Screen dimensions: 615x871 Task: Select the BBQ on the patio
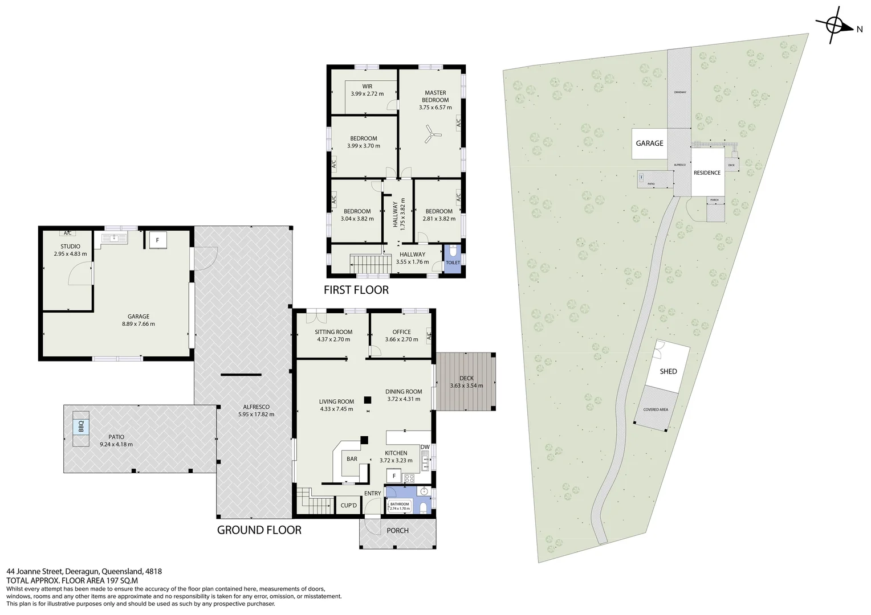click(x=81, y=426)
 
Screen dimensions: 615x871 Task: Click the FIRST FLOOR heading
click(x=356, y=290)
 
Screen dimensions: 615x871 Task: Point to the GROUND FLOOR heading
click(x=259, y=530)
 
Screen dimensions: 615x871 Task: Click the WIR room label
click(x=367, y=87)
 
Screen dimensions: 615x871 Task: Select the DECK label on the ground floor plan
click(x=466, y=378)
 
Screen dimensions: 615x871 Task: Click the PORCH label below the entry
click(x=397, y=531)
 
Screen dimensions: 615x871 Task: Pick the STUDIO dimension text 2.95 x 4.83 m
click(x=70, y=254)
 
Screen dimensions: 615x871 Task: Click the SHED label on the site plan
click(x=668, y=371)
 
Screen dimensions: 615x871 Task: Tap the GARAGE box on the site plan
click(x=649, y=143)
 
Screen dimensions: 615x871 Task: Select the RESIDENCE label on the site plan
click(x=707, y=173)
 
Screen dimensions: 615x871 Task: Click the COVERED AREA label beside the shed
click(x=656, y=409)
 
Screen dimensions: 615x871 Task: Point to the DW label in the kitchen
click(x=425, y=447)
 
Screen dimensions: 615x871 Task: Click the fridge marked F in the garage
click(x=157, y=240)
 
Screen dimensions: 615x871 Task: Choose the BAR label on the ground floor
click(x=352, y=459)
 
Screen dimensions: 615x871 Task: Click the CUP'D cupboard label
click(x=348, y=506)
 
